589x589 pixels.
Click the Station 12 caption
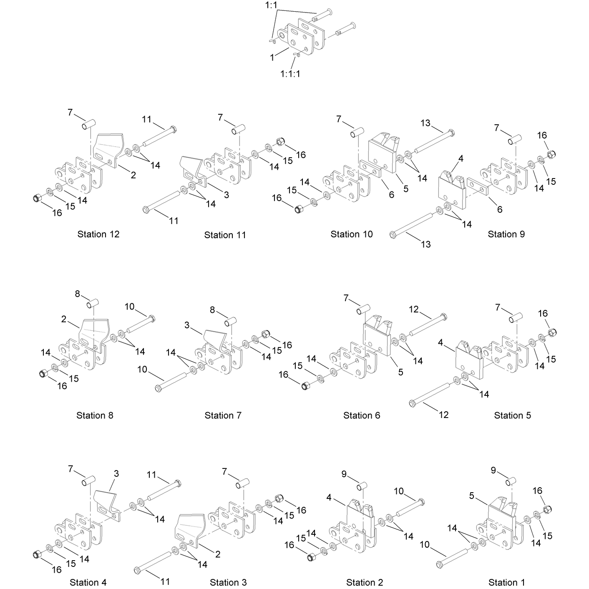(98, 234)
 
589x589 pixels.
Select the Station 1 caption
(506, 582)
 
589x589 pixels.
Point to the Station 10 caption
(352, 234)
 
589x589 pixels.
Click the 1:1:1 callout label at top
(290, 74)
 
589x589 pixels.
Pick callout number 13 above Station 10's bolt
(425, 123)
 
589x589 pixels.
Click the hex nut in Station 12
(36, 199)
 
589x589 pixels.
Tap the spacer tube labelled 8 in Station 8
(92, 304)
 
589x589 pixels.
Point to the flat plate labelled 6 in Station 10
(370, 169)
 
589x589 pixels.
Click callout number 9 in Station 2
(344, 474)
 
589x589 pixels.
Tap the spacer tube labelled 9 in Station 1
(510, 482)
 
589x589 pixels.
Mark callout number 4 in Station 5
(440, 342)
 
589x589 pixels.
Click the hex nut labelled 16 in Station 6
(305, 386)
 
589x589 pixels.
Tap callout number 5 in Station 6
(400, 372)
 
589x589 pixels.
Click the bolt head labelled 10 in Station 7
(158, 389)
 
